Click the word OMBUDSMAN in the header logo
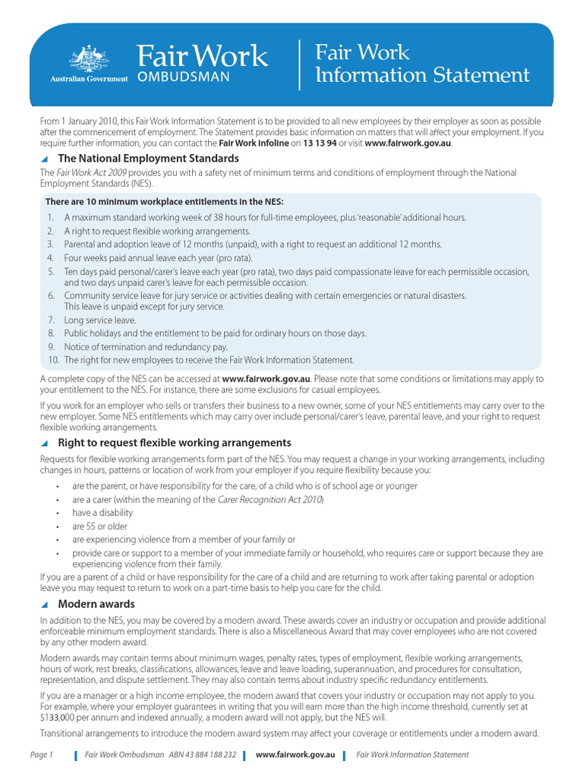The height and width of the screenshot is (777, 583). [183, 78]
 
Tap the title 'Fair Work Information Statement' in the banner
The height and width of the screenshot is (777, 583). [421, 64]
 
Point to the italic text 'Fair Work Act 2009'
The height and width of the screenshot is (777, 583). [90, 173]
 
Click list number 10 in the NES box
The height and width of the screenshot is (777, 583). [53, 360]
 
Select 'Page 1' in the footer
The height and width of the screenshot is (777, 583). [42, 754]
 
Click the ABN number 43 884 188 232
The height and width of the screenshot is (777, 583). [203, 754]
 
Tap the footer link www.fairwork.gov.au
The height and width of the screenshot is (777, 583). [295, 754]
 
